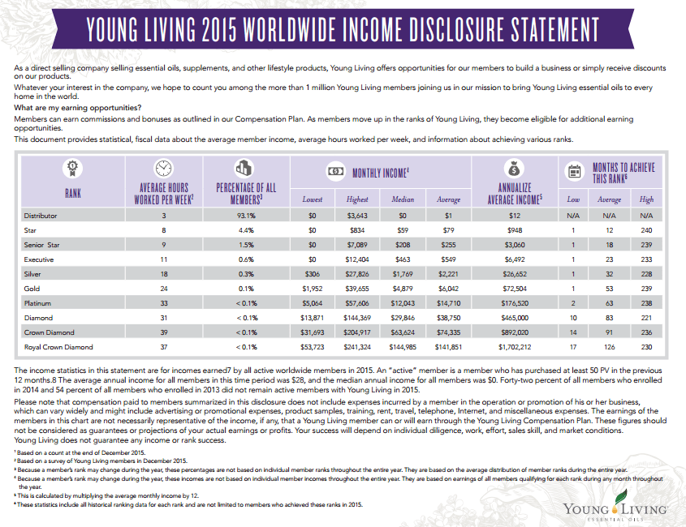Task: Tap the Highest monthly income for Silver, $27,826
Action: click(358, 274)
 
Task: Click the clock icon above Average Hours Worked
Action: click(163, 168)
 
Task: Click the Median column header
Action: click(403, 199)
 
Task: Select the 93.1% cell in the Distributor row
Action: click(246, 216)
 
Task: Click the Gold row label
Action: click(33, 289)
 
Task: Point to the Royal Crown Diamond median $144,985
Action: click(403, 347)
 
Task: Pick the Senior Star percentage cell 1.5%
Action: click(246, 245)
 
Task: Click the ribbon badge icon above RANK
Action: click(72, 169)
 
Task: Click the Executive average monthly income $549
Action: click(449, 259)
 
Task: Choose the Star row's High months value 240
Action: click(647, 230)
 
